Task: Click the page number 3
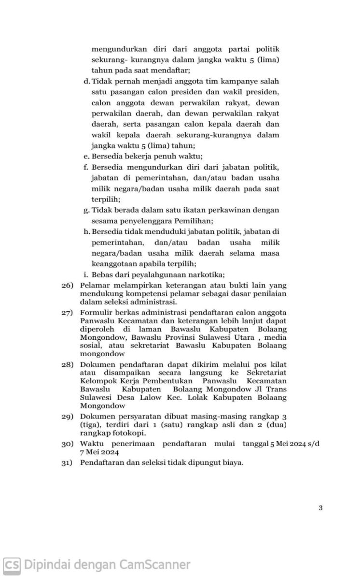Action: (x=320, y=507)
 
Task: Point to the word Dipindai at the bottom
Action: (x=45, y=564)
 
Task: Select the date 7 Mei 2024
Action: (x=99, y=452)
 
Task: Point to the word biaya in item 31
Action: (x=231, y=462)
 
